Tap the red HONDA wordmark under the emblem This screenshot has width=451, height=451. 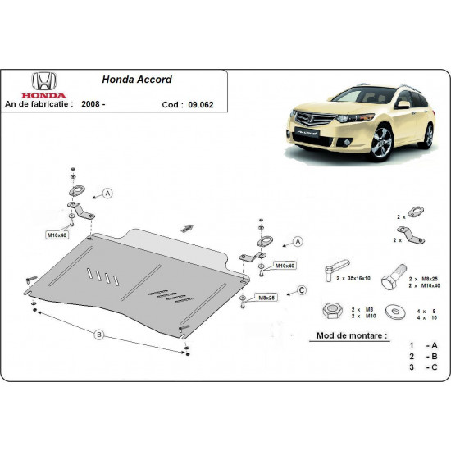click(x=40, y=94)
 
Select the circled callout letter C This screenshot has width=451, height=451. click(x=302, y=289)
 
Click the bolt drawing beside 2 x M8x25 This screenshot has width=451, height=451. click(x=393, y=271)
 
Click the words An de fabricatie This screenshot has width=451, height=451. click(x=40, y=104)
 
